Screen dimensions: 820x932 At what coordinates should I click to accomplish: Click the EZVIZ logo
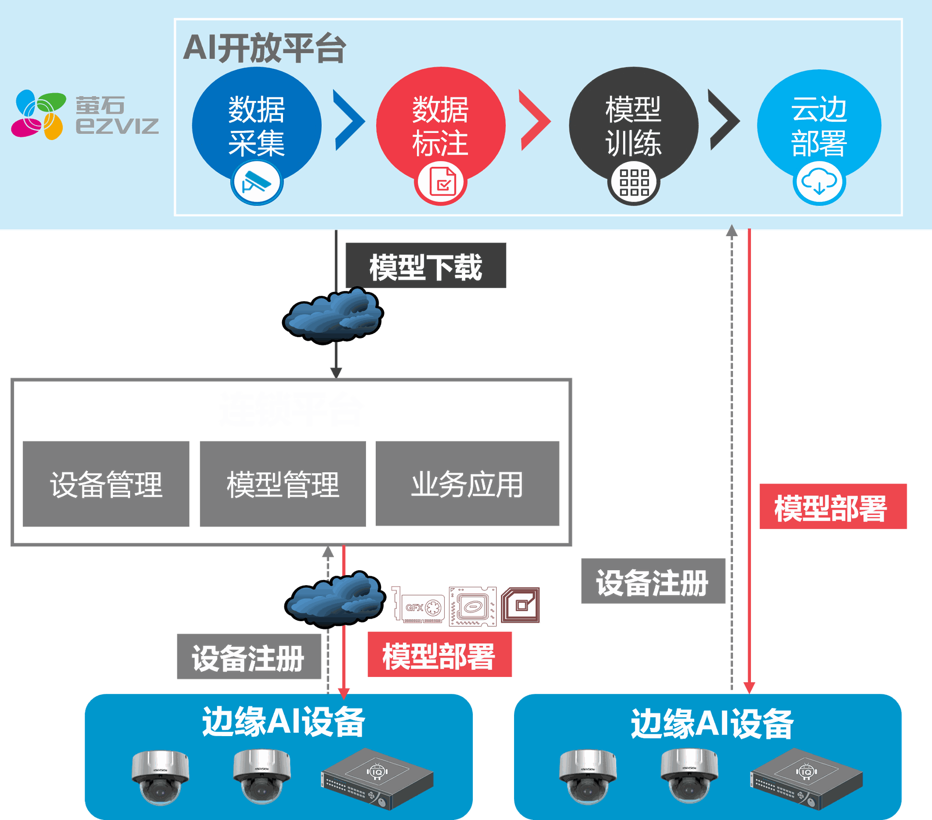pyautogui.click(x=85, y=115)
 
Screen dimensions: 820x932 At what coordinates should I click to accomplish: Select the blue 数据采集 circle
pyautogui.click(x=256, y=121)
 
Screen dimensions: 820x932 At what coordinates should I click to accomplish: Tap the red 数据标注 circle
pyautogui.click(x=440, y=121)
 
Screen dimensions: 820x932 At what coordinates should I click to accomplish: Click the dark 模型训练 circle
pyautogui.click(x=633, y=121)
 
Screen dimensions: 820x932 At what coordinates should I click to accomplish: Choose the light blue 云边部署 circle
pyautogui.click(x=819, y=121)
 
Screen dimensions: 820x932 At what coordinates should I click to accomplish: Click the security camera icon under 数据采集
pyautogui.click(x=256, y=183)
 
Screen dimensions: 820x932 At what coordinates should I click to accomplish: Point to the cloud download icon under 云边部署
pyautogui.click(x=819, y=183)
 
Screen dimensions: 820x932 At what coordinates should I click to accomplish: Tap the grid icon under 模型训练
pyautogui.click(x=633, y=183)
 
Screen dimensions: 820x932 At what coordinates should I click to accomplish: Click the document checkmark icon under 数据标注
pyautogui.click(x=441, y=183)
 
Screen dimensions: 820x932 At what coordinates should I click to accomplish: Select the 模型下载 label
pyautogui.click(x=425, y=266)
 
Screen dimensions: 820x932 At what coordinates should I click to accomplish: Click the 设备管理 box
pyautogui.click(x=106, y=483)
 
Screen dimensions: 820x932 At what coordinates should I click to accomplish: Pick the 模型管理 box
pyautogui.click(x=283, y=483)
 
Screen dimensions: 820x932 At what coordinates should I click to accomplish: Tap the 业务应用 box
pyautogui.click(x=467, y=483)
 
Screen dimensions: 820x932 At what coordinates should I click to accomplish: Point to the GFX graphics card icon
pyautogui.click(x=418, y=606)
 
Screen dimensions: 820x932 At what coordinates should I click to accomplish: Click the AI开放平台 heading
pyautogui.click(x=264, y=48)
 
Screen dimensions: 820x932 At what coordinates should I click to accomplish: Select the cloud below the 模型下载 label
pyautogui.click(x=333, y=314)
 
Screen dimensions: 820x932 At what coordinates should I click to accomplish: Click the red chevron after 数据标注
pyautogui.click(x=534, y=120)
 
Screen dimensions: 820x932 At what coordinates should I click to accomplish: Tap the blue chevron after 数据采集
pyautogui.click(x=349, y=120)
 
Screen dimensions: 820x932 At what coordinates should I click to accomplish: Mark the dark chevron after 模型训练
pyautogui.click(x=724, y=120)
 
